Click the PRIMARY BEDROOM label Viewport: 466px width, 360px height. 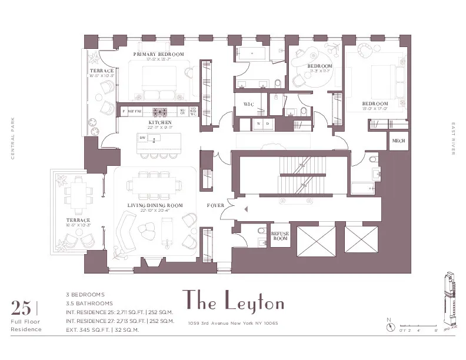pyautogui.click(x=158, y=54)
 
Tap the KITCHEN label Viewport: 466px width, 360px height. pyautogui.click(x=159, y=122)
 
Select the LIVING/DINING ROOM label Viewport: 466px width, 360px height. pyautogui.click(x=155, y=205)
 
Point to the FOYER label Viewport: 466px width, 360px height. pyautogui.click(x=215, y=206)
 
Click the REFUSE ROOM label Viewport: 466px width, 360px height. pyautogui.click(x=279, y=236)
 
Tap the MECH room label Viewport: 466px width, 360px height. pyautogui.click(x=398, y=142)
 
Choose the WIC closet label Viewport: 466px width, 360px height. pyautogui.click(x=248, y=104)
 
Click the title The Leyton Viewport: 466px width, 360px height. pyautogui.click(x=234, y=301)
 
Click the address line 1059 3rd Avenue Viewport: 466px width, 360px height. pyautogui.click(x=232, y=323)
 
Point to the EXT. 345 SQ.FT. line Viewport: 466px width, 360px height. pyautogui.click(x=102, y=330)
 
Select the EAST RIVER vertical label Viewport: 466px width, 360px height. pyautogui.click(x=454, y=139)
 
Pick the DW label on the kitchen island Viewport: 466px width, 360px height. pyautogui.click(x=142, y=137)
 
